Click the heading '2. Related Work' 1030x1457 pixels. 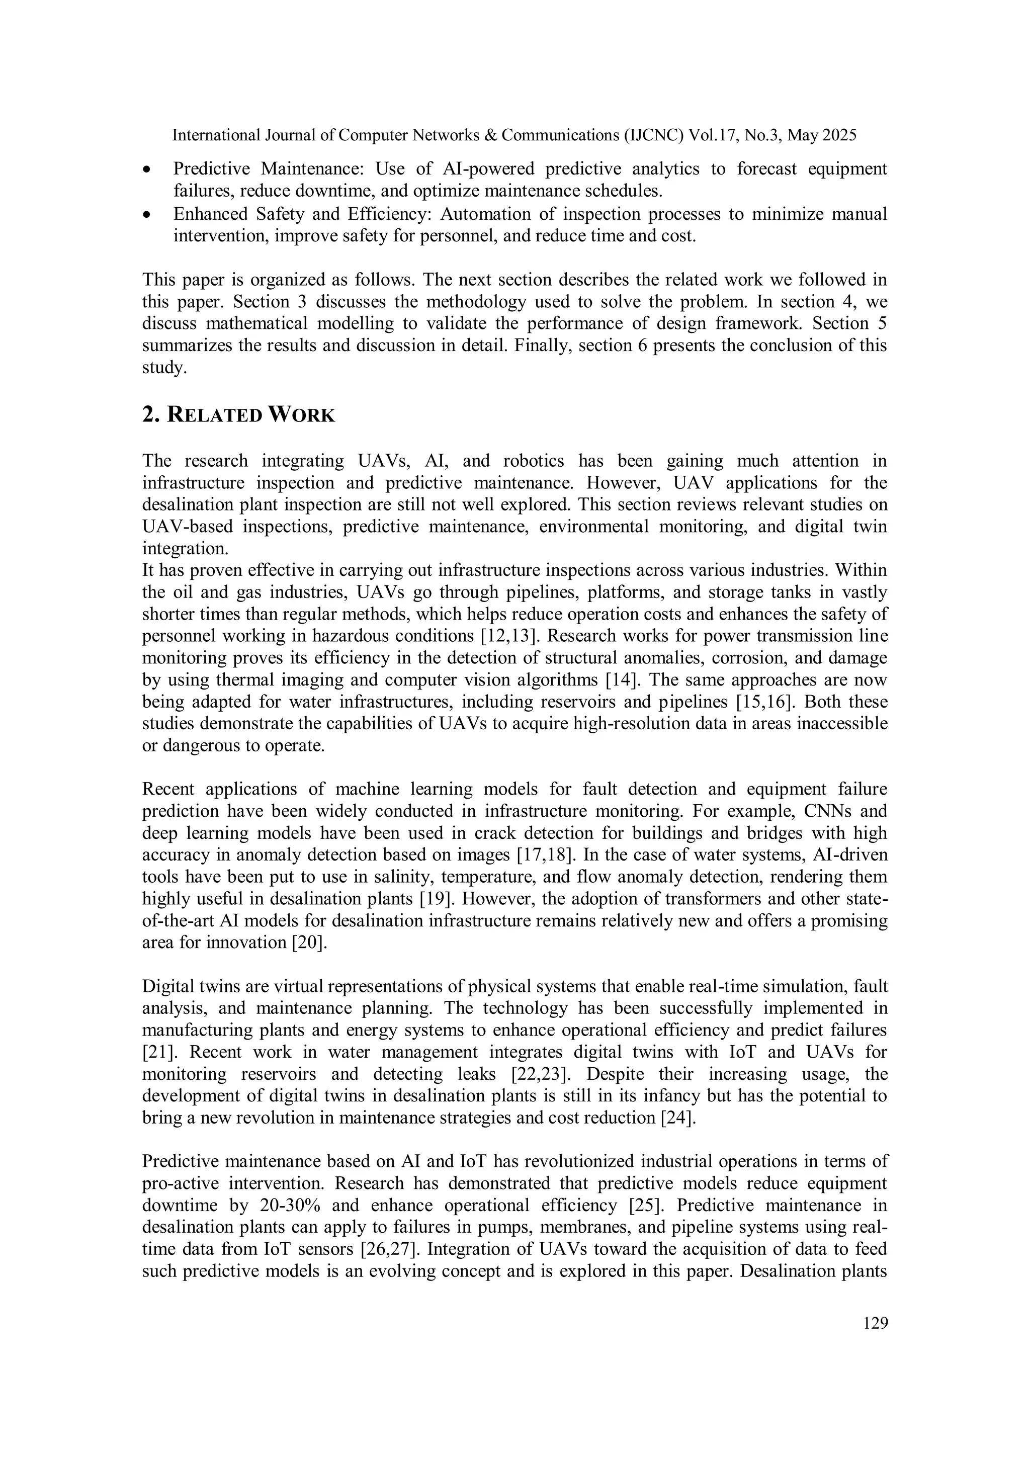point(238,415)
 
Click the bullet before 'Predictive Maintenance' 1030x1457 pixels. point(147,170)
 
